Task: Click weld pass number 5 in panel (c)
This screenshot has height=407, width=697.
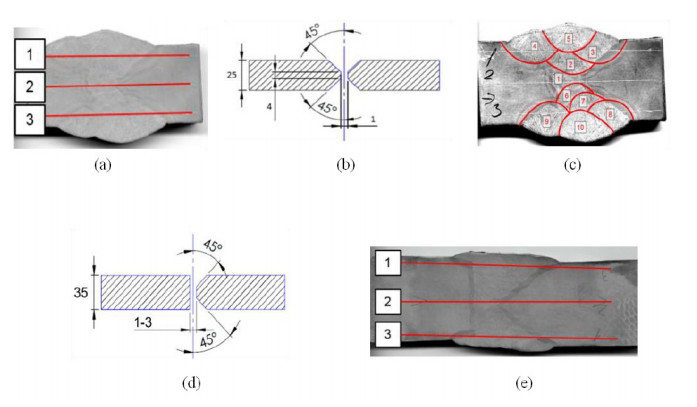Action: pyautogui.click(x=568, y=39)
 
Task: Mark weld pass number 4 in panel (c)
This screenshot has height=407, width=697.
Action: pyautogui.click(x=536, y=46)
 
